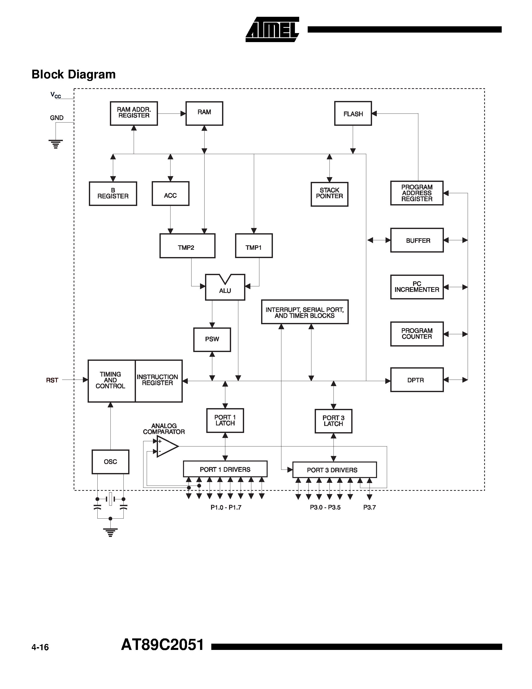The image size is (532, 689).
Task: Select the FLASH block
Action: [353, 113]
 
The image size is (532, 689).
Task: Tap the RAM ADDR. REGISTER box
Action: [134, 113]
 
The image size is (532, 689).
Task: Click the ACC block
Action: [170, 194]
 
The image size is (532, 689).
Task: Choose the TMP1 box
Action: [254, 246]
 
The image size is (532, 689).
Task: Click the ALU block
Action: [225, 289]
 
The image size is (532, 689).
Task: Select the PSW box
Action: [212, 339]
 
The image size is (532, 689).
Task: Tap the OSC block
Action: [110, 462]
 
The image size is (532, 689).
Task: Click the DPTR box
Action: [416, 380]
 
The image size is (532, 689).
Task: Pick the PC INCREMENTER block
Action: [416, 287]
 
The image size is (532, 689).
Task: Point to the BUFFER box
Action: [416, 240]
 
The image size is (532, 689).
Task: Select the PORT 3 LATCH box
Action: [333, 421]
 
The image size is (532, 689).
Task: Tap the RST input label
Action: [52, 380]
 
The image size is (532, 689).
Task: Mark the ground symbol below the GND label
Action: [56, 144]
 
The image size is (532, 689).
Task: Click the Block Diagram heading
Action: [73, 74]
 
